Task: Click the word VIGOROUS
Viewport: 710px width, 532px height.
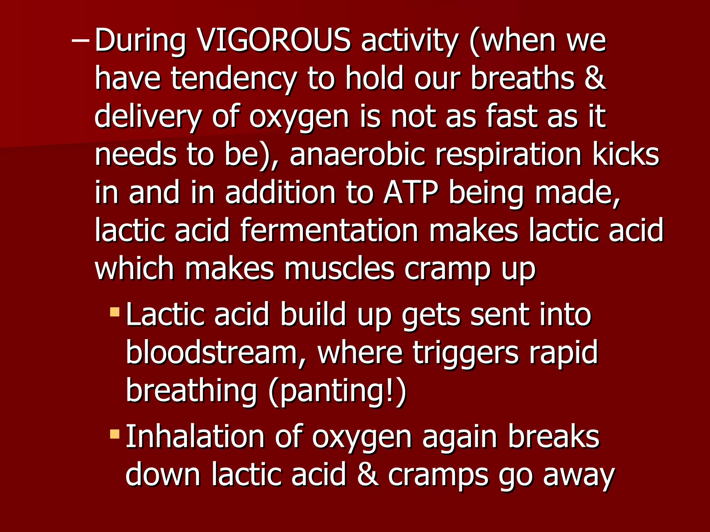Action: [x=274, y=41]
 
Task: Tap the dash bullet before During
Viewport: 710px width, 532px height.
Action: [x=80, y=41]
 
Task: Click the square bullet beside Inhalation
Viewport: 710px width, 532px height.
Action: [x=114, y=434]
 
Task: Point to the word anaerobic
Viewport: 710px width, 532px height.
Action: [x=357, y=154]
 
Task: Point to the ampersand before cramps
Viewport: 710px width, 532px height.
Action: [x=368, y=475]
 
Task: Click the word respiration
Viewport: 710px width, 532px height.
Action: [x=508, y=154]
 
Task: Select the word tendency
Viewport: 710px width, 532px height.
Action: [x=234, y=79]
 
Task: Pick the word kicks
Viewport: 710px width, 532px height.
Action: [x=626, y=154]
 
